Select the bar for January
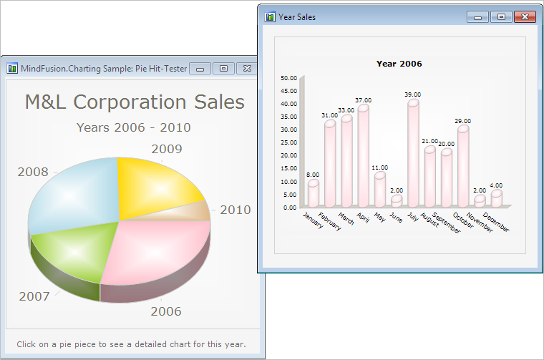tap(314, 193)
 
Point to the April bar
tap(363, 156)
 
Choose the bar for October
tap(463, 167)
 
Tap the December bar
tap(497, 198)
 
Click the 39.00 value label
tap(412, 94)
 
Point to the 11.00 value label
tap(379, 167)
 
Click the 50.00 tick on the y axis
tap(288, 78)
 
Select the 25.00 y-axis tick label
tap(288, 142)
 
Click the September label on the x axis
tap(447, 223)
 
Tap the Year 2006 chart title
tap(399, 64)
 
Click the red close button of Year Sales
tap(525, 16)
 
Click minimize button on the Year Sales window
tap(477, 17)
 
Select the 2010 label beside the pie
tap(235, 210)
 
